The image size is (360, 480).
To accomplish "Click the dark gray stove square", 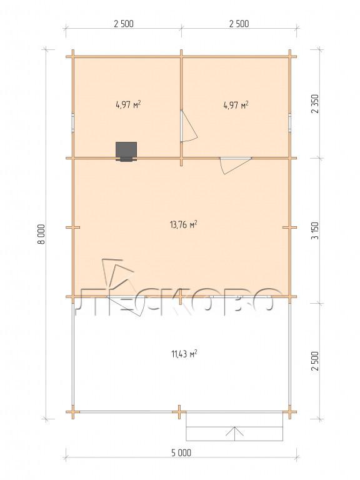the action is (x=126, y=151).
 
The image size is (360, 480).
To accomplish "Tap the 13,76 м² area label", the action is (x=183, y=224).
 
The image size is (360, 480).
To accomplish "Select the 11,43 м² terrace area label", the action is (x=184, y=354).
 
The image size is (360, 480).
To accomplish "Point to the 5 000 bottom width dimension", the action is (x=181, y=452).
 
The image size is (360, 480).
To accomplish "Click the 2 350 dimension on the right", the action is (x=315, y=104).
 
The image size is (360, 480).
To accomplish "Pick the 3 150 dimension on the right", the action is (x=315, y=231).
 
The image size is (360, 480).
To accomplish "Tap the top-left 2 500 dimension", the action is (x=124, y=24).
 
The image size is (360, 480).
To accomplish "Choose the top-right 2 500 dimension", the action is (x=239, y=24).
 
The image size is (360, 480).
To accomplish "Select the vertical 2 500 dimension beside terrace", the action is (x=315, y=361).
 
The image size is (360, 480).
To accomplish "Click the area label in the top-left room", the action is (x=128, y=105).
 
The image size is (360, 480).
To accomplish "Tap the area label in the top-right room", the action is (x=236, y=105).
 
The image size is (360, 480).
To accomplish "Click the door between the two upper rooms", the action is (x=188, y=126).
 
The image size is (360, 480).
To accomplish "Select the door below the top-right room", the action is (x=236, y=165).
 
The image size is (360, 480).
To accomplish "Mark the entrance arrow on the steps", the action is (x=235, y=431).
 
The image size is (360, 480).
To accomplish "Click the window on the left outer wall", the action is (x=73, y=122).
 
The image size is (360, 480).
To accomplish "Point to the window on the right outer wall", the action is (x=289, y=122).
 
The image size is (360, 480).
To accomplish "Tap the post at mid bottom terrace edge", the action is (x=179, y=412).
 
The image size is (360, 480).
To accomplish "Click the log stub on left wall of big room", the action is (x=73, y=227).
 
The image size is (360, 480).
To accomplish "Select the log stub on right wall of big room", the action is (x=289, y=227).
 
